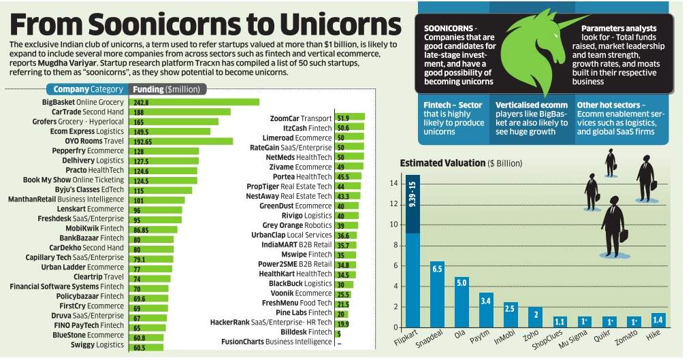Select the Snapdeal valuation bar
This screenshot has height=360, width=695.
tap(438, 293)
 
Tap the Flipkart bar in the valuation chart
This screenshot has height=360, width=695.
tap(413, 252)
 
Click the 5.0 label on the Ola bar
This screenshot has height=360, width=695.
tap(462, 282)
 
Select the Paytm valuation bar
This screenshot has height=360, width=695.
tap(486, 310)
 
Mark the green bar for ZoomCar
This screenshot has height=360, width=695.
tap(351, 118)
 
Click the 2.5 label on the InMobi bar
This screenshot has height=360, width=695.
tap(510, 308)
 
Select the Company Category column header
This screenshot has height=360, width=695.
tap(87, 89)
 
